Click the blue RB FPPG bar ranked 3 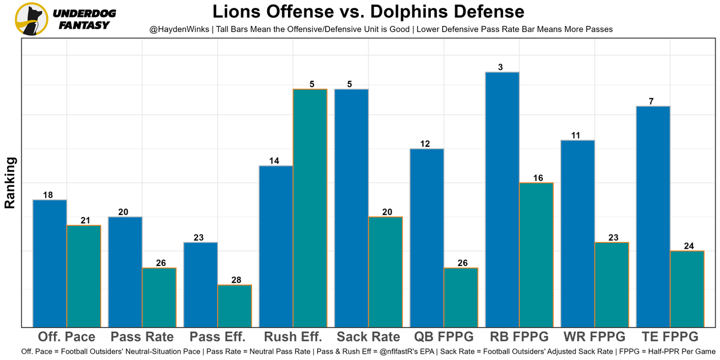[502, 199]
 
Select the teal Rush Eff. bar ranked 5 [309, 208]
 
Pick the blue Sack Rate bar [351, 208]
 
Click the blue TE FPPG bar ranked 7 [653, 216]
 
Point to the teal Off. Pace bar [84, 276]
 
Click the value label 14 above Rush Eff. [274, 161]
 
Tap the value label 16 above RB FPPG [538, 178]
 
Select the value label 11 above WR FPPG [576, 136]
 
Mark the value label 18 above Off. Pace [48, 195]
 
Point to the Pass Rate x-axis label [142, 337]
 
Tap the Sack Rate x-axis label [368, 337]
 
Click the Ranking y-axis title [10, 183]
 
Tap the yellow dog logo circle [31, 19]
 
